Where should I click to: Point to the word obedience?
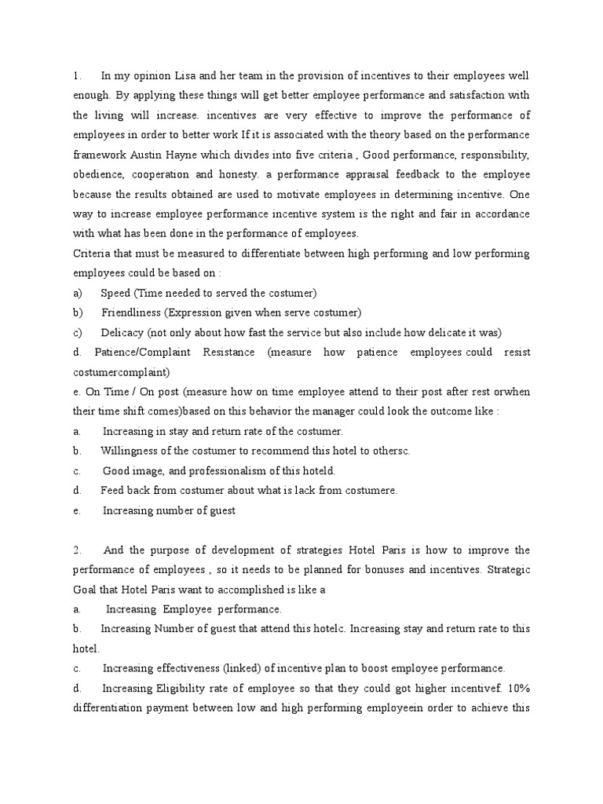click(x=100, y=174)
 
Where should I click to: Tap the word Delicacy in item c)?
click(x=123, y=332)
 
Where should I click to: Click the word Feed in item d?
click(x=113, y=490)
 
